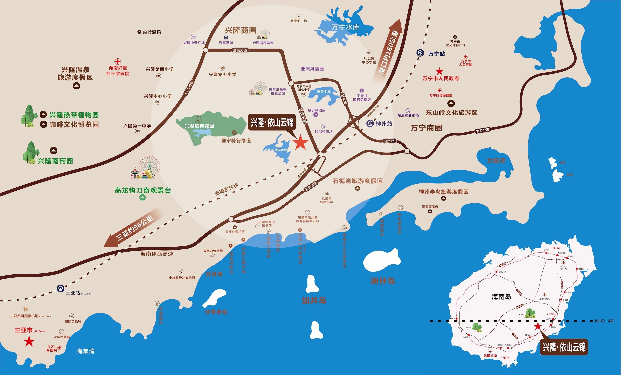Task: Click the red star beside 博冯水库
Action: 300,143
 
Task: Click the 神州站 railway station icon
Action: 370,123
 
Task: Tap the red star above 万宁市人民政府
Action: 439,71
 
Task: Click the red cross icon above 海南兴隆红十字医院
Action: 118,61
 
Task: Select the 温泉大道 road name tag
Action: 240,50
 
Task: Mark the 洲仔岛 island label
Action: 383,281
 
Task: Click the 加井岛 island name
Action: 314,300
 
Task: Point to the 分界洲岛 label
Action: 216,312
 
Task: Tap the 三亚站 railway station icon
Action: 60,288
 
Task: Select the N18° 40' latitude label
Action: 604,321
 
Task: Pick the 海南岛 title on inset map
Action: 501,297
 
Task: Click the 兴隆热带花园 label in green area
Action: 199,126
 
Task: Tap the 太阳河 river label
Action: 496,161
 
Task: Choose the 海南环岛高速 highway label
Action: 157,254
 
